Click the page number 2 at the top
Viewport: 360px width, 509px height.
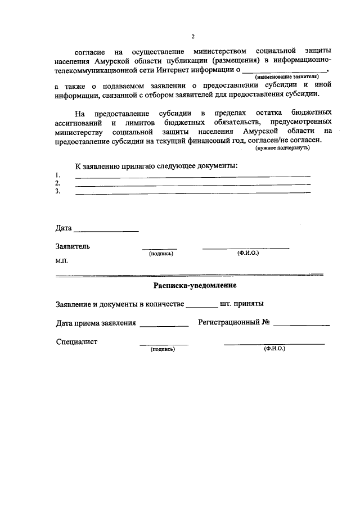[192, 37]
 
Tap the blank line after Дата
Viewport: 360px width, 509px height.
[106, 231]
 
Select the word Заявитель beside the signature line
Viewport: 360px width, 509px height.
[73, 246]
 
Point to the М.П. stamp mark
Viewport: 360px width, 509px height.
[62, 262]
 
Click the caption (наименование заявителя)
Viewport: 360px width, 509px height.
[287, 76]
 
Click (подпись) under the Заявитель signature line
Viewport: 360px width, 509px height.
[161, 254]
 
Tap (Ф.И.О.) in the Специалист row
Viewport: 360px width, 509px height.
[274, 349]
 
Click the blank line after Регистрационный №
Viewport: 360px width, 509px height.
[301, 325]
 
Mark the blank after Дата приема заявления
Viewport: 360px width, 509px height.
[164, 325]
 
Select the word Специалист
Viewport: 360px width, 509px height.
[77, 342]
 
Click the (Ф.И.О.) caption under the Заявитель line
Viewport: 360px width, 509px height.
[248, 254]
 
